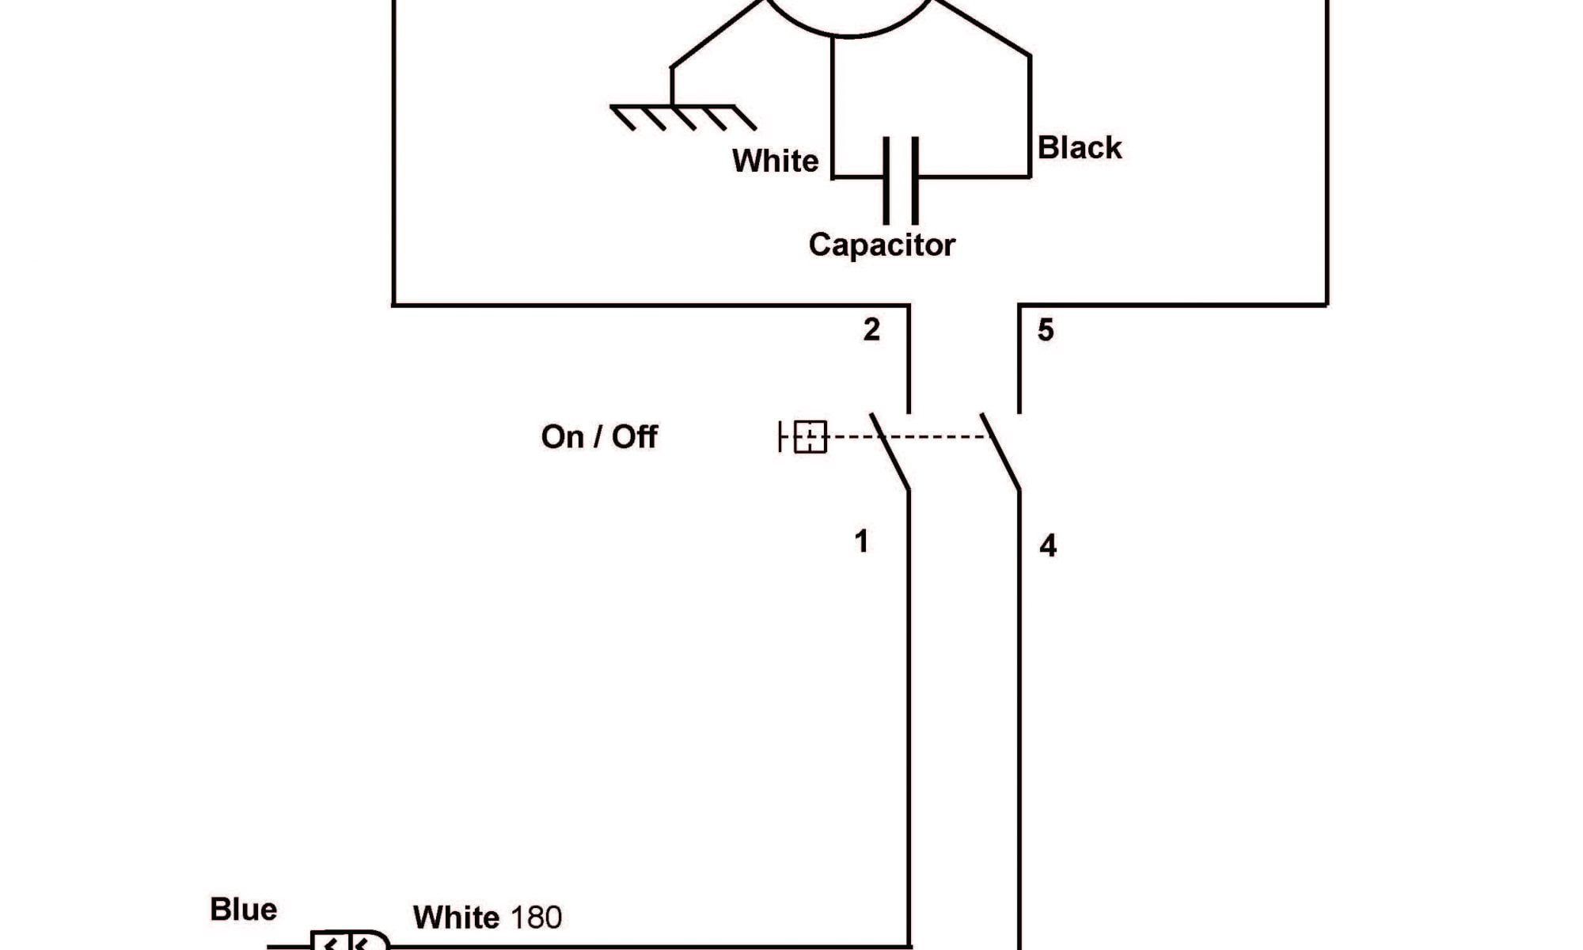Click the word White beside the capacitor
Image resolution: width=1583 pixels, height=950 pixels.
[775, 161]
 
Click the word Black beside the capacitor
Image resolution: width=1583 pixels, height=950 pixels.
[1079, 148]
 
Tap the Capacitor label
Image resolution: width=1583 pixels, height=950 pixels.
[882, 245]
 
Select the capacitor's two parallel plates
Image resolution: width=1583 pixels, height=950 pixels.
[901, 180]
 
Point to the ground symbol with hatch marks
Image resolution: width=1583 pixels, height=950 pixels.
[682, 116]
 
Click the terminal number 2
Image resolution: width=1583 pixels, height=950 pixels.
[871, 329]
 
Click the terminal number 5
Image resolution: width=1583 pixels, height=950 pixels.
[1046, 330]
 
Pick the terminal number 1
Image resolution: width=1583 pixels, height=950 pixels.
[862, 541]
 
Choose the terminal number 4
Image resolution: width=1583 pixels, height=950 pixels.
[1048, 545]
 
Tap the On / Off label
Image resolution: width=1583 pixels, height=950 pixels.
[599, 437]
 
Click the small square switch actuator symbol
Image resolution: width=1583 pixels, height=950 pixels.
[809, 436]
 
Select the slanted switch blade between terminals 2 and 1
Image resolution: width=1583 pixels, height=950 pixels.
[890, 451]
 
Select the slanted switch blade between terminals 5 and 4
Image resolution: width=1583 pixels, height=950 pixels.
[1000, 451]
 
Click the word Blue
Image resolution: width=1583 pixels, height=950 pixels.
[243, 910]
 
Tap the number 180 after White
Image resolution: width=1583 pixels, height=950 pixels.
[536, 918]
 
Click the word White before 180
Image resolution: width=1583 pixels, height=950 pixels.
[456, 918]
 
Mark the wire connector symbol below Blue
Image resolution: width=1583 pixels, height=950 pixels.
[348, 941]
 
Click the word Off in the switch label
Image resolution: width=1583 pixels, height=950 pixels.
[634, 437]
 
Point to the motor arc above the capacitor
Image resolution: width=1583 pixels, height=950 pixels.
[852, 24]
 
